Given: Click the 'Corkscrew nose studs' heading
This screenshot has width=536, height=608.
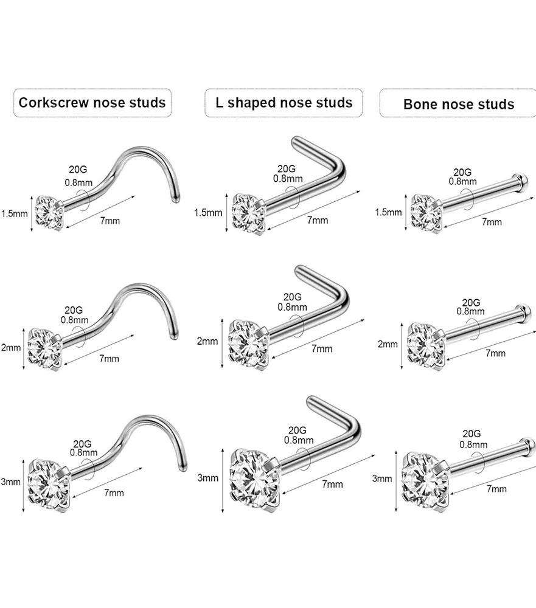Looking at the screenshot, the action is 92,102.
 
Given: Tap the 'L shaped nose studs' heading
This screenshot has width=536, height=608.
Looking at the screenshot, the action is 284,102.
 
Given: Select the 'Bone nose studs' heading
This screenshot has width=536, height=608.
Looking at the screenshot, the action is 458,103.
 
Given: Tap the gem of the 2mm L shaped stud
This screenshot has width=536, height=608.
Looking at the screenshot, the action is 248,344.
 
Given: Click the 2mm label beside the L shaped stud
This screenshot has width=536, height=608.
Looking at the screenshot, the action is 207,341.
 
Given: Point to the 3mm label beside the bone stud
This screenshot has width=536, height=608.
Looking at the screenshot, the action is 382,478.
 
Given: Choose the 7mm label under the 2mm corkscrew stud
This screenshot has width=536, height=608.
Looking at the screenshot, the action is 109,359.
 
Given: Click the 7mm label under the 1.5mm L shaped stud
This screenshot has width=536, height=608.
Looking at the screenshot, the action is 317,220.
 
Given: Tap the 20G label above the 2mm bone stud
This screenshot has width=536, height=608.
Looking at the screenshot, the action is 471,302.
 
